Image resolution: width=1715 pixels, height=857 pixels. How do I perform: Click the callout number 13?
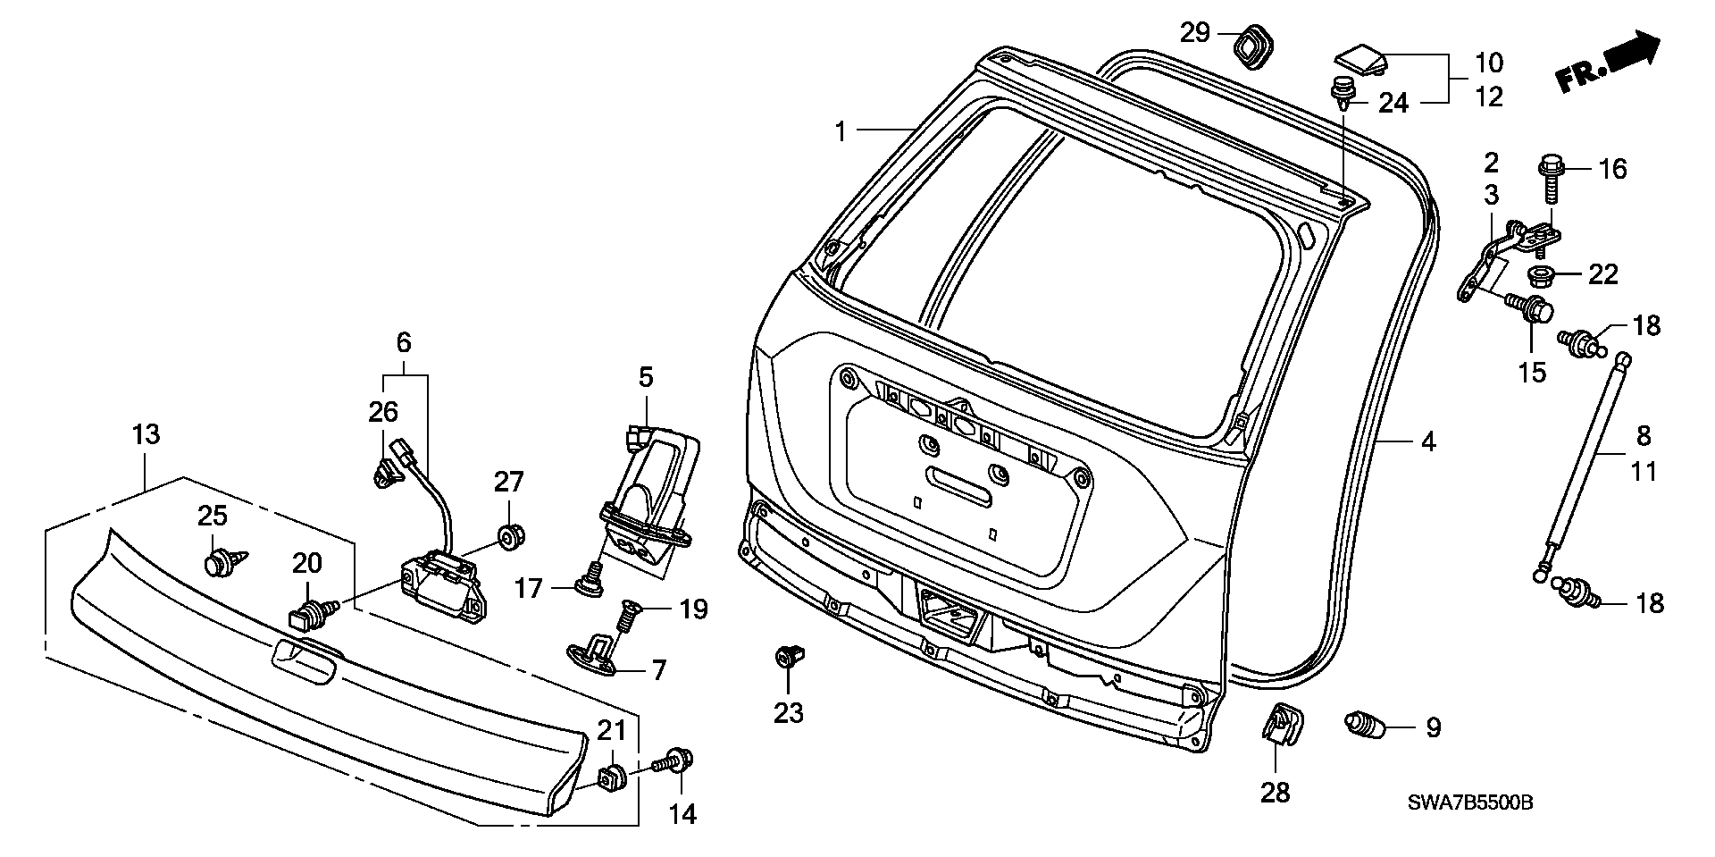[146, 435]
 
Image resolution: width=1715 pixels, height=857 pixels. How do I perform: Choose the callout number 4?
[1428, 441]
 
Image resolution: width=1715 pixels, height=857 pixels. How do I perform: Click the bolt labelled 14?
[678, 761]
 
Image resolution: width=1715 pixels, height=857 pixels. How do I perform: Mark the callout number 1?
[840, 132]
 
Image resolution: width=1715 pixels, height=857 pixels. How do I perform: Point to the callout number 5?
[646, 377]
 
